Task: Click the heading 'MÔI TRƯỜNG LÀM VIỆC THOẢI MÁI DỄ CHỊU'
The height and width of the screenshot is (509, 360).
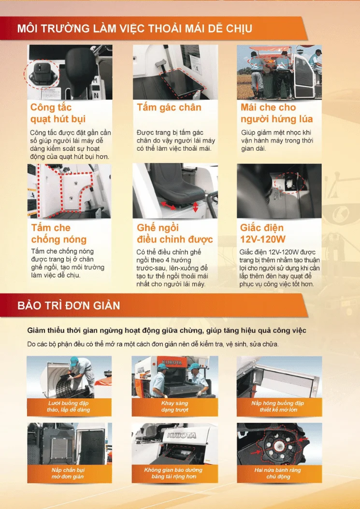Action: [x=134, y=28]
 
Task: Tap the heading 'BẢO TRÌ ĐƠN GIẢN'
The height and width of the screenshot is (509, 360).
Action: [x=69, y=305]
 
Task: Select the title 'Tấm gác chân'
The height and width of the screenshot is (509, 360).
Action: [x=169, y=107]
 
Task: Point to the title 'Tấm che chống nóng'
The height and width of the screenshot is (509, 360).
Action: [x=59, y=234]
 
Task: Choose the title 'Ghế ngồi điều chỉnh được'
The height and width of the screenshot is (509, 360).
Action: [x=174, y=234]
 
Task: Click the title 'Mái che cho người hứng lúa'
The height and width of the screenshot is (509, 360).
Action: [x=276, y=113]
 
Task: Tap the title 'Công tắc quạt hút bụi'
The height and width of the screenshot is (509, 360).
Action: [x=58, y=113]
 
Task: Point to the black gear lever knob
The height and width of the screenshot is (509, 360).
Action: [x=80, y=62]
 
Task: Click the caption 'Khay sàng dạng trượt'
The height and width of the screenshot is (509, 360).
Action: [x=174, y=407]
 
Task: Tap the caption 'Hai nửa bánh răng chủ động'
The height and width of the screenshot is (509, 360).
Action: [x=278, y=473]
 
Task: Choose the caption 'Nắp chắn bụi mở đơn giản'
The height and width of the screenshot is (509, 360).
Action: [x=68, y=473]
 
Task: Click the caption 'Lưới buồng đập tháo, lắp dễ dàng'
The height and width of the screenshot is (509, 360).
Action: [x=68, y=407]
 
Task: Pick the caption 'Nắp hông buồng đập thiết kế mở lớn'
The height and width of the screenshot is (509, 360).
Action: [x=278, y=407]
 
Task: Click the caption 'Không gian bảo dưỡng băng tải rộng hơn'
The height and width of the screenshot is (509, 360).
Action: [x=173, y=473]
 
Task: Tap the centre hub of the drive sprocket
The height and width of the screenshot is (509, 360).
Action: [x=278, y=446]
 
